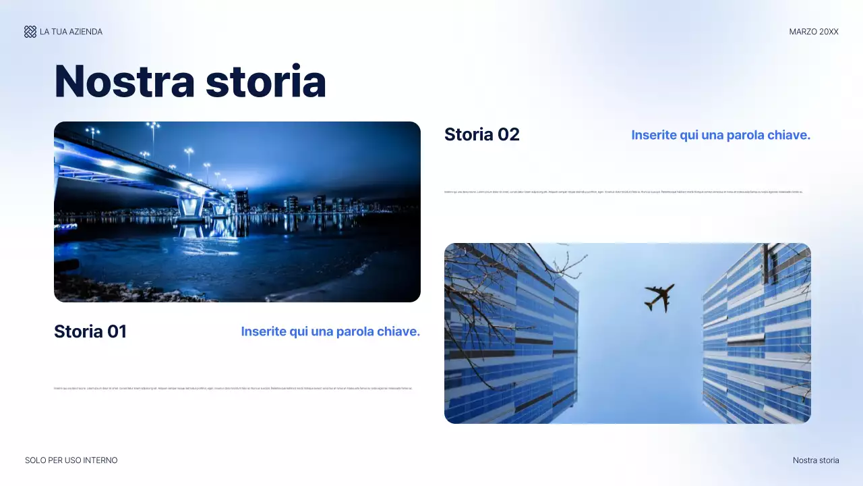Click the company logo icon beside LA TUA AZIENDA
[x=30, y=32]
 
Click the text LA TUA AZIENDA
[x=71, y=32]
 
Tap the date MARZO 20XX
[x=814, y=32]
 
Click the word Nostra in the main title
[x=125, y=81]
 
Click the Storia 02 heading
[x=481, y=134]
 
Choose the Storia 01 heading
[x=90, y=331]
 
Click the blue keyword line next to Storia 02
[x=720, y=135]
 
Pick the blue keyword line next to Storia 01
[x=330, y=331]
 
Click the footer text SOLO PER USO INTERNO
[x=71, y=460]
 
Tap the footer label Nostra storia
[x=816, y=460]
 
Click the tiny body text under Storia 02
[x=624, y=192]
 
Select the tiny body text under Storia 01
[x=233, y=388]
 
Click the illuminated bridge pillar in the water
[x=191, y=206]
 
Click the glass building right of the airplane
[x=755, y=337]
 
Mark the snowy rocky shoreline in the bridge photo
[x=121, y=290]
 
